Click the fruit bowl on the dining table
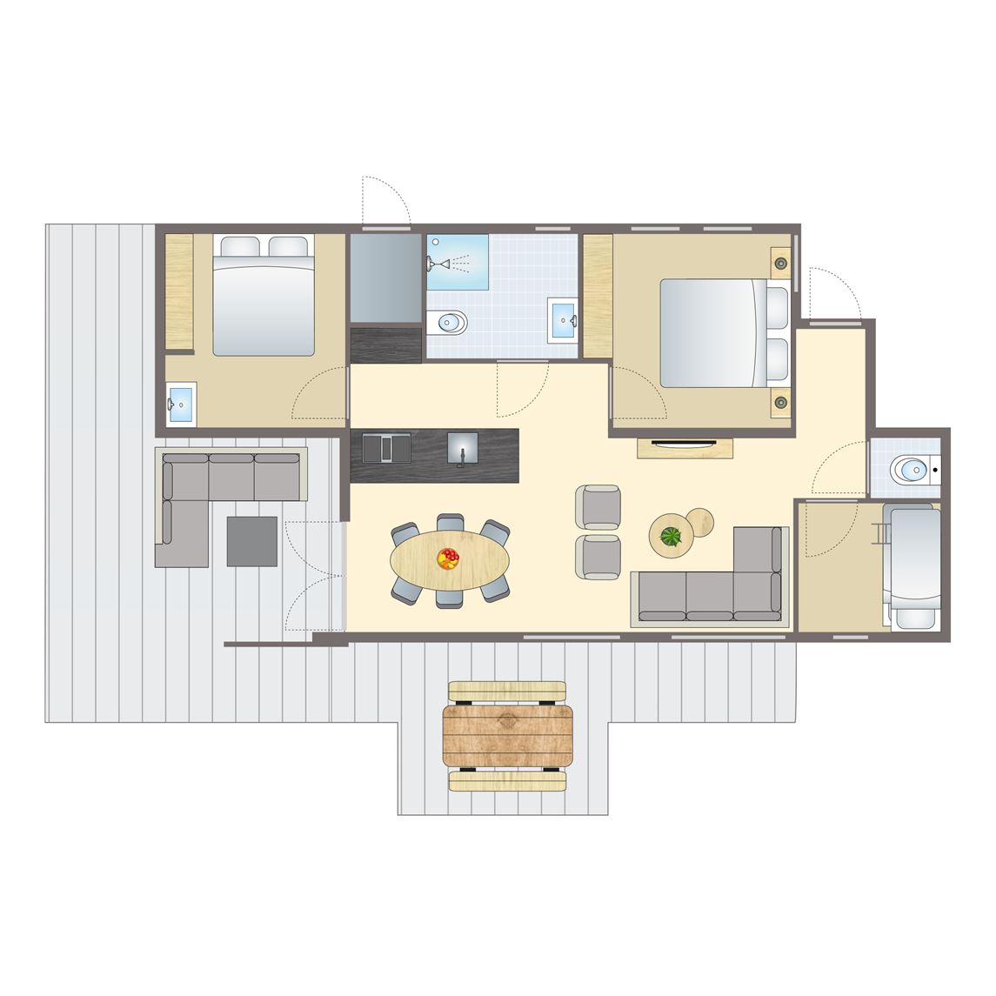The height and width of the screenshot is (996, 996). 448,558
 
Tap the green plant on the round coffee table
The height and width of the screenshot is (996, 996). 670,536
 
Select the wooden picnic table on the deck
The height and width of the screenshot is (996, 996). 508,735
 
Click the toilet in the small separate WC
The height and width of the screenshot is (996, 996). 911,471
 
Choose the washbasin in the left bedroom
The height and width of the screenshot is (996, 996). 181,404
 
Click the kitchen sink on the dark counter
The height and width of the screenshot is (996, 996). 462,448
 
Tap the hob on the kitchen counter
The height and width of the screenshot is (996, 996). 388,447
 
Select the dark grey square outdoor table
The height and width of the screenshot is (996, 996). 251,541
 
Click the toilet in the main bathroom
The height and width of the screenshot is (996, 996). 450,323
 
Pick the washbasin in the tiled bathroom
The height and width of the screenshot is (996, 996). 563,320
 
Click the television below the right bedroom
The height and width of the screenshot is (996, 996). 685,443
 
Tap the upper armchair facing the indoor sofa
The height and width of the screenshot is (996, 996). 598,506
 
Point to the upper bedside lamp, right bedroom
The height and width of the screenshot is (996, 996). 780,262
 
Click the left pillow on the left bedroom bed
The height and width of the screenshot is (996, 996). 237,247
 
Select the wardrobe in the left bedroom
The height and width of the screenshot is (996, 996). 179,291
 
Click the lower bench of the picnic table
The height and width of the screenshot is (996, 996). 508,781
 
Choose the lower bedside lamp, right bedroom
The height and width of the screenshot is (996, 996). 780,402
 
